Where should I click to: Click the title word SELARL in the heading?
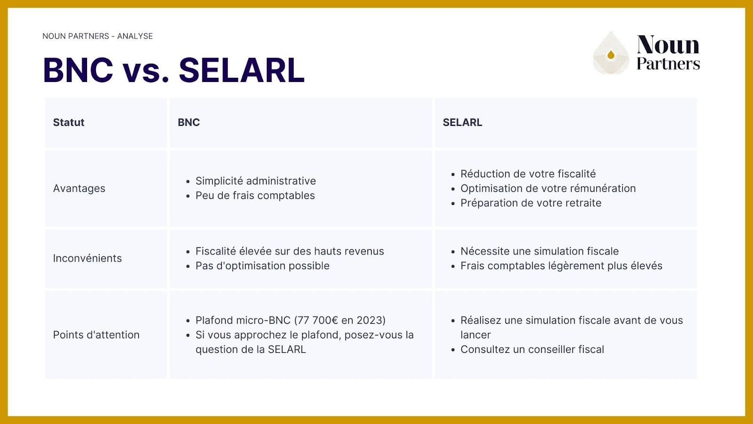[x=241, y=71]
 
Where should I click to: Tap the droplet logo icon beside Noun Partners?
[x=611, y=54]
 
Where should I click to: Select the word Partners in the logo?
[x=668, y=64]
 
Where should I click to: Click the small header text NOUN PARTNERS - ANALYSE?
[x=97, y=36]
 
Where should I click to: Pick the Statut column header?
[x=69, y=122]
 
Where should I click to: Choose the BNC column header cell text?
[x=189, y=122]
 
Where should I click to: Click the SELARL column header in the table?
[x=462, y=122]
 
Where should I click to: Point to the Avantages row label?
[x=79, y=188]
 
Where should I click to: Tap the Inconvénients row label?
[x=87, y=258]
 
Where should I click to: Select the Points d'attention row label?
[x=96, y=335]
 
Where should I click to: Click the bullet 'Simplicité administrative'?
[x=256, y=181]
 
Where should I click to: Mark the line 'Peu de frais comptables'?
[x=255, y=196]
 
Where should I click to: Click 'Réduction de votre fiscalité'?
[x=528, y=174]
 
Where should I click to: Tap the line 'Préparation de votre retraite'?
[x=530, y=203]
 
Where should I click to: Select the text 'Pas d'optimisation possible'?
[x=262, y=266]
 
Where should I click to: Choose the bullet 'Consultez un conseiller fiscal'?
[x=532, y=350]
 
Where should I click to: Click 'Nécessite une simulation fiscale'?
[x=539, y=251]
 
